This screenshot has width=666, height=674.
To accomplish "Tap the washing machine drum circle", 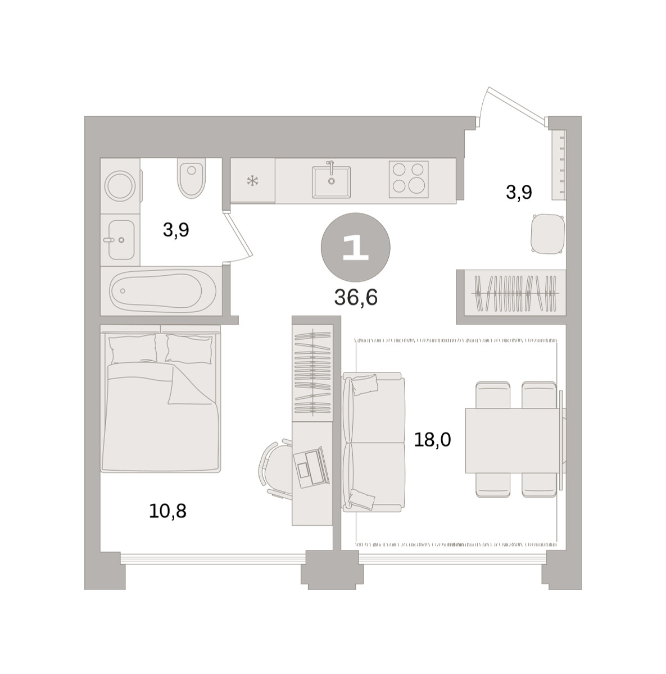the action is coord(121,185).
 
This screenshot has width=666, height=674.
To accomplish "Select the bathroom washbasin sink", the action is coord(121,239).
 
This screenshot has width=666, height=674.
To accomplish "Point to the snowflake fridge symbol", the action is coord(252,181).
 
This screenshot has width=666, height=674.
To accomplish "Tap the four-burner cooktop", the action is coord(409,179).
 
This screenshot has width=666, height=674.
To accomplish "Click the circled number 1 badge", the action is coord(355,247).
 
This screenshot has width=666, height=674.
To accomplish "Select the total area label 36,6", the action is coord(356,298).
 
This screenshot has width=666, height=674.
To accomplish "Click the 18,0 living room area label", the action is coord(432,440).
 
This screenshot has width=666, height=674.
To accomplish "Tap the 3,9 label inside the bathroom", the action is coord(176,230).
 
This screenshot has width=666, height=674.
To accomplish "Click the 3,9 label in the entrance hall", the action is coord(519,192).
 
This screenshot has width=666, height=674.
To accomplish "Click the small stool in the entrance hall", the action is coord(547,233).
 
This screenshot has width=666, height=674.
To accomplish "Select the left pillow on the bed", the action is coord(133,349).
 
